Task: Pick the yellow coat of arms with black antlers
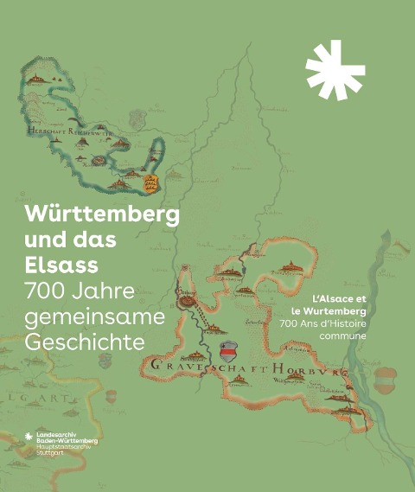152,183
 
